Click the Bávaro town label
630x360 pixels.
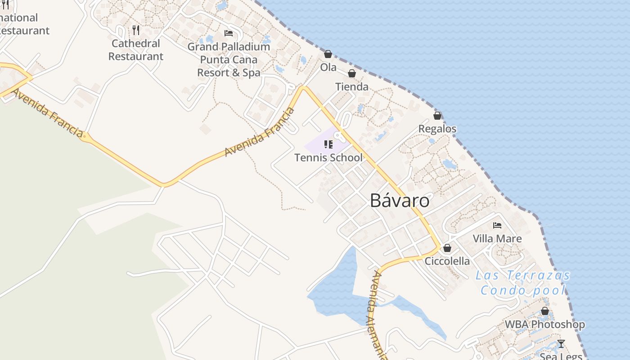400,201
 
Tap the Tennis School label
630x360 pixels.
328,157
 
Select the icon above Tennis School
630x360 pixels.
328,144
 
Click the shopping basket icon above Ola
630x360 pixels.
328,54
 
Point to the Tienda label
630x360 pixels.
352,87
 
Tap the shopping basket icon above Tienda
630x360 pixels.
352,73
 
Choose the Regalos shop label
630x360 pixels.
437,129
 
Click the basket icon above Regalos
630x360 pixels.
437,116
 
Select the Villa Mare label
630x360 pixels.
497,238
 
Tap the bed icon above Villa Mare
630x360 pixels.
497,225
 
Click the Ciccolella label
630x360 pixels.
447,261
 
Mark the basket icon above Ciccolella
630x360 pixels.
447,248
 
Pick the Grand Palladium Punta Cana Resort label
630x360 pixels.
229,59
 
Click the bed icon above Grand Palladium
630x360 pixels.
229,33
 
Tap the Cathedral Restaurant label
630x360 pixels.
136,50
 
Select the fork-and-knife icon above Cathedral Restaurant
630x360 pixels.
136,30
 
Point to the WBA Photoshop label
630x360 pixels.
544,324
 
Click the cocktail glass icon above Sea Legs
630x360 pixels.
561,344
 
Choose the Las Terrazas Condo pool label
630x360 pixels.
523,283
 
